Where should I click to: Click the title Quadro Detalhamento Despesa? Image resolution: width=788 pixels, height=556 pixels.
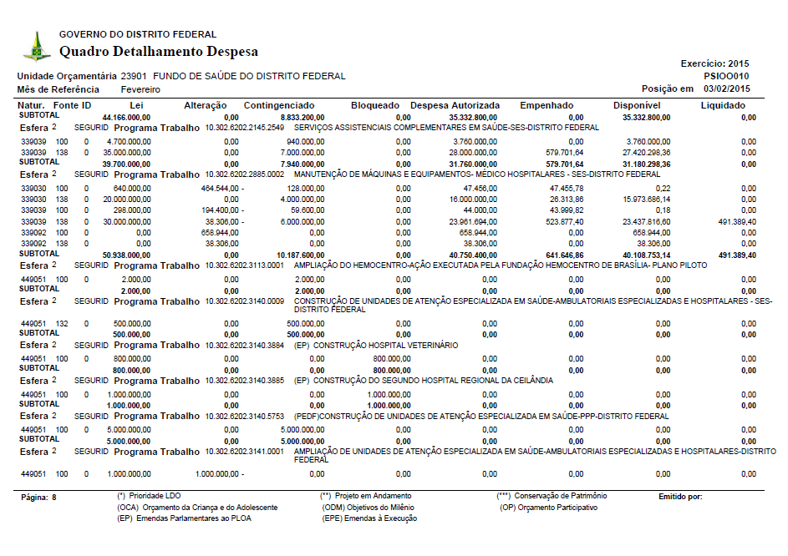tap(159, 52)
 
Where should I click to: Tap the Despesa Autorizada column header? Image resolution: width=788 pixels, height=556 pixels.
tap(455, 105)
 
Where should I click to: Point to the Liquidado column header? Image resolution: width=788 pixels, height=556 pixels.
tap(723, 105)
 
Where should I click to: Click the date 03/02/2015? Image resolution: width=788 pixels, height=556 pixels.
tap(727, 88)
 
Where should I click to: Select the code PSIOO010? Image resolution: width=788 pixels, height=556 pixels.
tap(727, 75)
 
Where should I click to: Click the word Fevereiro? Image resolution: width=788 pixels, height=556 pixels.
tap(140, 89)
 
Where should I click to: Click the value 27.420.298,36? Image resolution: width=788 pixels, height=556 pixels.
tap(636, 154)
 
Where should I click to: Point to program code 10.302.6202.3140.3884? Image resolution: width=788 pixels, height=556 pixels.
tap(245, 344)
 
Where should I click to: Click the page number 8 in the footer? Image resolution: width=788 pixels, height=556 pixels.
tap(54, 498)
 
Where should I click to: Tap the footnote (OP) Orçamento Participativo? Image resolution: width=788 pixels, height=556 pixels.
tap(548, 508)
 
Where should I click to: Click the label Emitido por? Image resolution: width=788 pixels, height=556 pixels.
tap(680, 498)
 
